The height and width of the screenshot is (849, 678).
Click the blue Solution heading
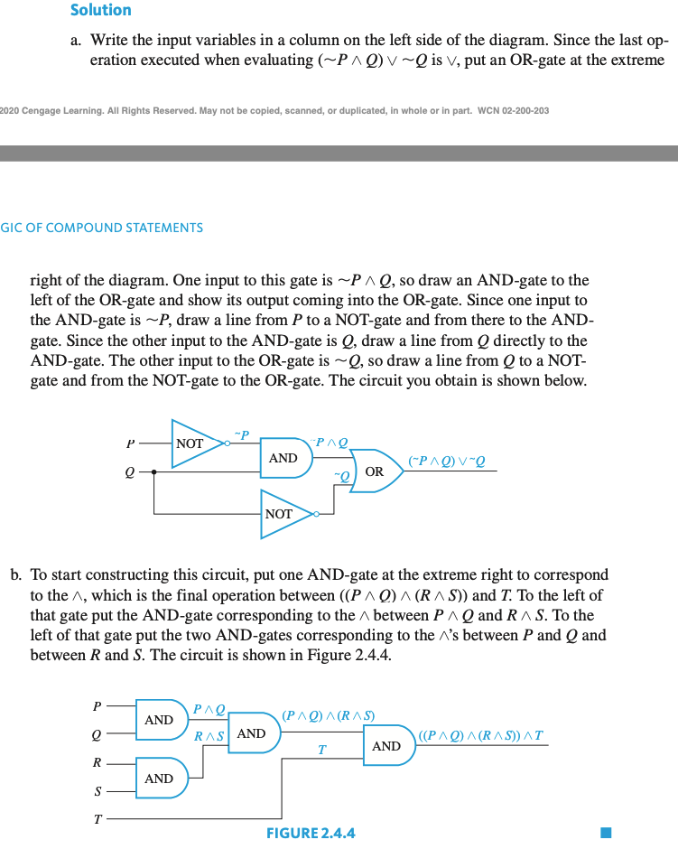(x=100, y=10)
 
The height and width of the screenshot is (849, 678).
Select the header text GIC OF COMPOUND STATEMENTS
(x=102, y=228)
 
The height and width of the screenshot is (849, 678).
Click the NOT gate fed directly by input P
(x=195, y=443)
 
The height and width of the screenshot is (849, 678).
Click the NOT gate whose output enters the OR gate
(x=283, y=514)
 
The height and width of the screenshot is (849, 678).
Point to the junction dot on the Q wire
(x=154, y=471)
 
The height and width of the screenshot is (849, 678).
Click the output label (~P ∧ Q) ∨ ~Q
(x=447, y=461)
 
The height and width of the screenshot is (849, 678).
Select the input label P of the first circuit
(x=132, y=444)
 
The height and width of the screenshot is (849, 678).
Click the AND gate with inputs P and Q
(x=161, y=720)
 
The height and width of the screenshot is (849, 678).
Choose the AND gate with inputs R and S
(x=161, y=778)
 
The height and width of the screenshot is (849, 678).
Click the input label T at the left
(x=97, y=820)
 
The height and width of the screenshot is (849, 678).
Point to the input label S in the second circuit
(x=97, y=791)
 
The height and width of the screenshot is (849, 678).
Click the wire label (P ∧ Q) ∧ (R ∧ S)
(x=328, y=716)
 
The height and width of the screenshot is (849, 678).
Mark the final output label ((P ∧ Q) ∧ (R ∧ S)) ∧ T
(x=481, y=734)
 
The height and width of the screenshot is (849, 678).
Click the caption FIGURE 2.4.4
(x=311, y=833)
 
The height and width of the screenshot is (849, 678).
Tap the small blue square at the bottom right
(x=607, y=832)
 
